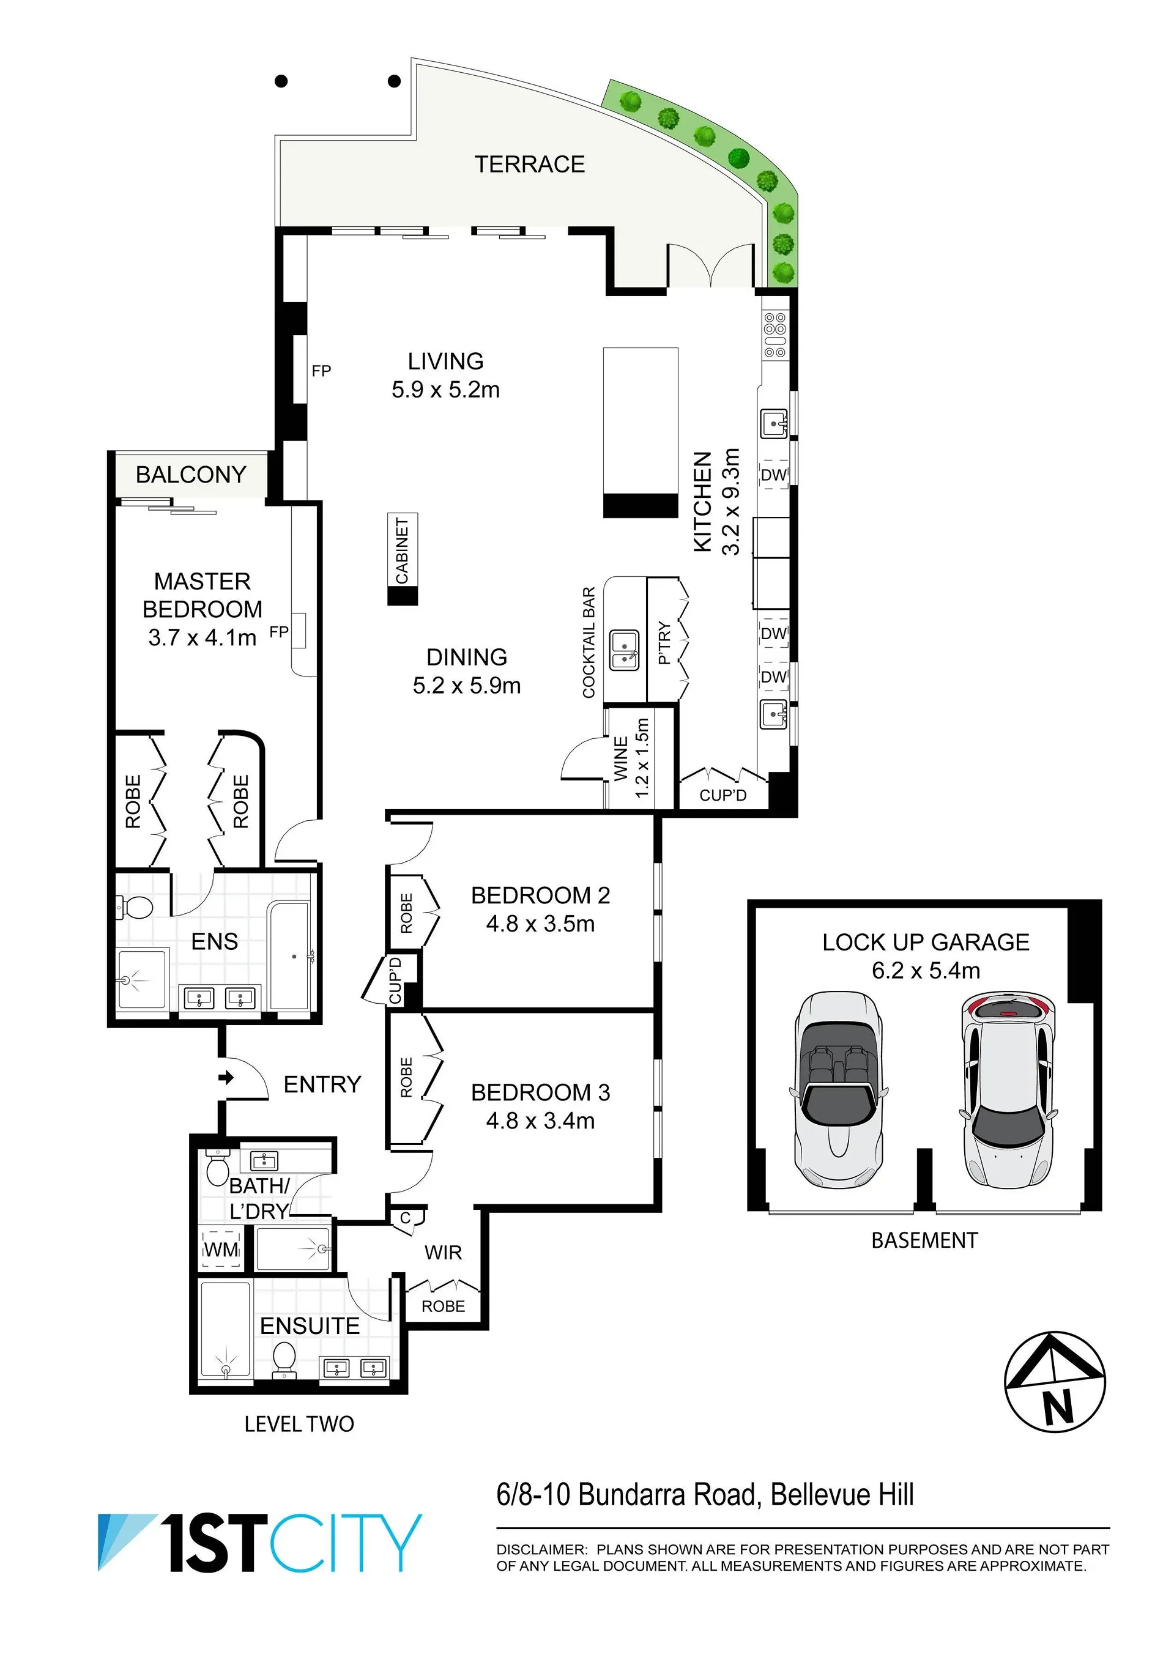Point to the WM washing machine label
tap(221, 1250)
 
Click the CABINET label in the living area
tap(402, 550)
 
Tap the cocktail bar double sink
tap(624, 650)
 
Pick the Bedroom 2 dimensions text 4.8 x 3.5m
tap(540, 924)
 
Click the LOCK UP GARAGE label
tap(926, 942)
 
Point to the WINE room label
tap(620, 758)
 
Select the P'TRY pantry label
tap(664, 643)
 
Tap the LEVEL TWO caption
tap(300, 1425)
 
